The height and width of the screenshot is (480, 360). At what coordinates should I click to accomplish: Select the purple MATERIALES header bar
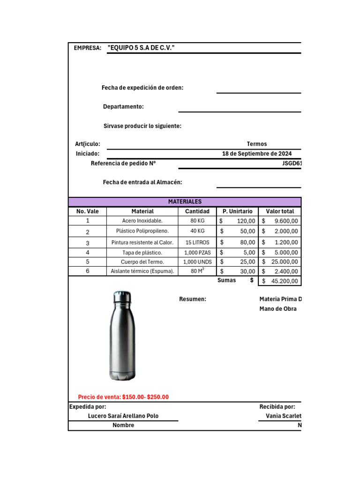[x=185, y=202]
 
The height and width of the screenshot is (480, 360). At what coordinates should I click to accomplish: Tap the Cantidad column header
[x=197, y=211]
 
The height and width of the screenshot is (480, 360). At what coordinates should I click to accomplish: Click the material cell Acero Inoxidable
[x=142, y=221]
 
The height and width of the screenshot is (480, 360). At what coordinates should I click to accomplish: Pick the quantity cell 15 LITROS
[x=197, y=242]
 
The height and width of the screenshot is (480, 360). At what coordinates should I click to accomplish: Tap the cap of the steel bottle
[x=122, y=297]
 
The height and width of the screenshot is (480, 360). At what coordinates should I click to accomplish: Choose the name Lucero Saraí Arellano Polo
[x=123, y=416]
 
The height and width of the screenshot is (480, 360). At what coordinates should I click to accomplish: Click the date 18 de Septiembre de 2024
[x=257, y=154]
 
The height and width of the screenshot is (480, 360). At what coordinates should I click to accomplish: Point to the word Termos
[x=257, y=144]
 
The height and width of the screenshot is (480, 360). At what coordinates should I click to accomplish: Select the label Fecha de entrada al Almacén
[x=142, y=182]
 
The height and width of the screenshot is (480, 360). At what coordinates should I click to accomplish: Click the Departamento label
[x=123, y=107]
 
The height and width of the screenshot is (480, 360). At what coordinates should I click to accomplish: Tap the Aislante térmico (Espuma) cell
[x=142, y=271]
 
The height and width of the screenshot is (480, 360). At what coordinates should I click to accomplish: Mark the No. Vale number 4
[x=87, y=252]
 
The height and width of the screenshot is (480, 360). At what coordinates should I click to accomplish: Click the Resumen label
[x=193, y=299]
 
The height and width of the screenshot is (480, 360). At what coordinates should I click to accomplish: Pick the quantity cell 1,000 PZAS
[x=197, y=252]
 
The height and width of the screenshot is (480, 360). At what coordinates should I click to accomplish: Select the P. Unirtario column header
[x=237, y=211]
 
